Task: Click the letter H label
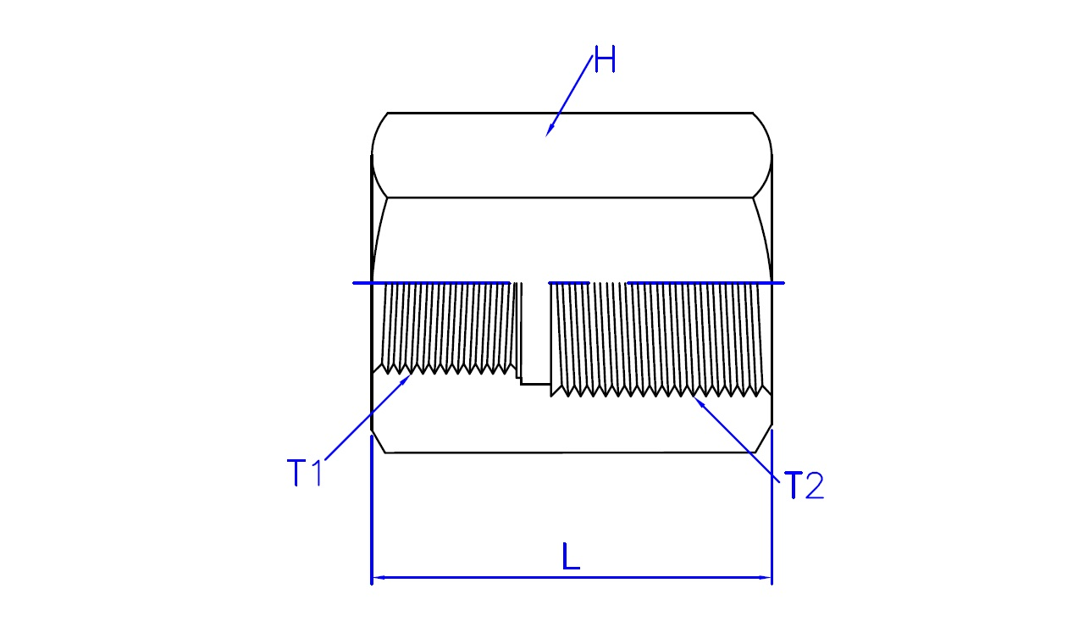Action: coord(605,59)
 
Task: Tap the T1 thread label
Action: coord(304,473)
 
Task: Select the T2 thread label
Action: coord(804,486)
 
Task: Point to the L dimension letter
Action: coord(571,557)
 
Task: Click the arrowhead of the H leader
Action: coord(550,130)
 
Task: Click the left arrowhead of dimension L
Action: coord(379,578)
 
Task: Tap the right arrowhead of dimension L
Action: coord(765,578)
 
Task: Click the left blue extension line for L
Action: coord(371,510)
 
